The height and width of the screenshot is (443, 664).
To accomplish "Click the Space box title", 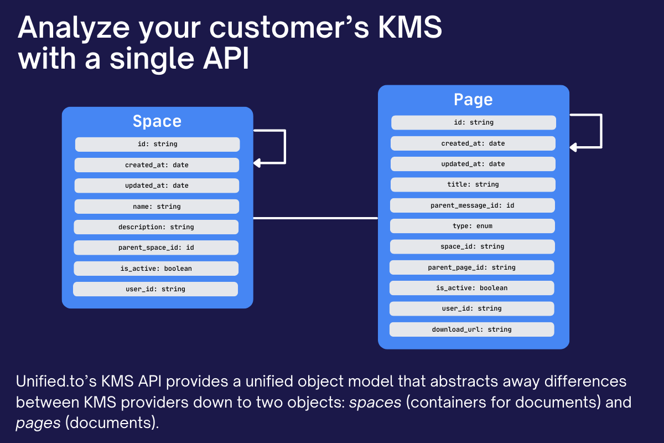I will point(157,121).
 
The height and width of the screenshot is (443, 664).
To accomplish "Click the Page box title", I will point(473,100).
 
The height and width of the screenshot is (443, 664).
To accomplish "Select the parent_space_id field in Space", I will point(156,248).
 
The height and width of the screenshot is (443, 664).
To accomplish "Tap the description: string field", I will point(156,227).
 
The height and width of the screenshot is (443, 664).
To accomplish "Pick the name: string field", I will point(157,207).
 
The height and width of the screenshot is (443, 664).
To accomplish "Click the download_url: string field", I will point(471,329).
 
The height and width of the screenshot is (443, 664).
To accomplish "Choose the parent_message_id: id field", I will point(473,205).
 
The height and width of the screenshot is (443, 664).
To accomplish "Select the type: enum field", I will point(473,226).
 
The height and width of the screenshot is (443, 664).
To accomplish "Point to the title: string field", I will point(473,184).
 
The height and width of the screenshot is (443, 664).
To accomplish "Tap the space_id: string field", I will point(472,246).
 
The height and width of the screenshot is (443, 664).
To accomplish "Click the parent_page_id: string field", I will point(471,267).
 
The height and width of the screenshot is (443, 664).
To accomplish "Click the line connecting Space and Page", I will point(315,218).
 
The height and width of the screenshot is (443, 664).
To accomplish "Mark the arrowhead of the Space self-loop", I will point(257,163).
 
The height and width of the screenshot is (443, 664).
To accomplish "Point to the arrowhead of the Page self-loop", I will point(573,147).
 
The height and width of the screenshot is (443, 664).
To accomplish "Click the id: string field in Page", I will point(474,122).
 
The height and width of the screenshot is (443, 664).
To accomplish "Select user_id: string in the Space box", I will point(155,289).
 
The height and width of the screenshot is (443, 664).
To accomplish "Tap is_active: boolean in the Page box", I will point(471,288).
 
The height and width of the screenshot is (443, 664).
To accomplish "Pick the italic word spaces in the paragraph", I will point(375,402).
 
